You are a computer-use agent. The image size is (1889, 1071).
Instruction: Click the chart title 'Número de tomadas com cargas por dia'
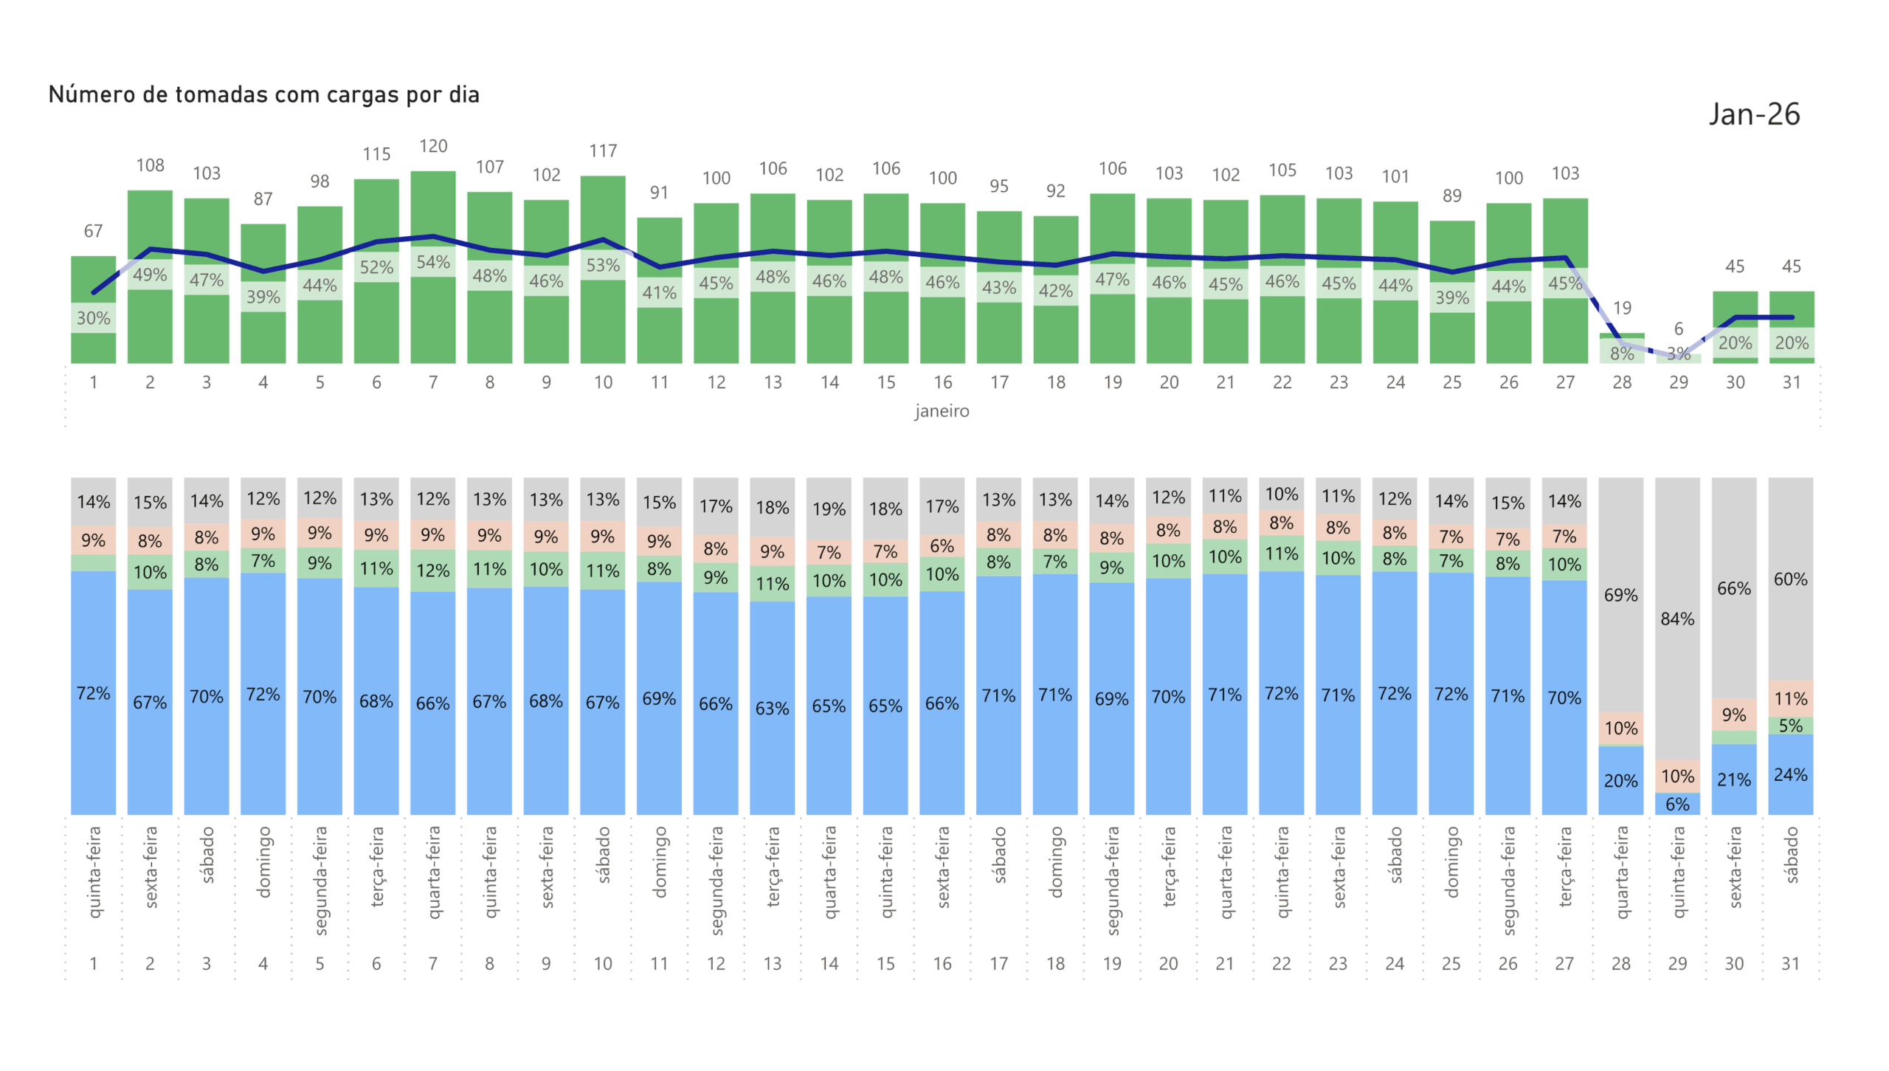pyautogui.click(x=263, y=94)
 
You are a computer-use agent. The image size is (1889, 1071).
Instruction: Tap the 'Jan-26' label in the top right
pyautogui.click(x=1753, y=114)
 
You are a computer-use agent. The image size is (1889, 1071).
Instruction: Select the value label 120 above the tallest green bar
pyautogui.click(x=433, y=146)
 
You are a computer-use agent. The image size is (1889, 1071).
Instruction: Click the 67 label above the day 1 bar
pyautogui.click(x=93, y=231)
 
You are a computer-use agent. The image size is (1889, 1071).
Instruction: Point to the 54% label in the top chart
pyautogui.click(x=433, y=262)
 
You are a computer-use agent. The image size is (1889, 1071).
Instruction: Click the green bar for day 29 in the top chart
pyautogui.click(x=1677, y=359)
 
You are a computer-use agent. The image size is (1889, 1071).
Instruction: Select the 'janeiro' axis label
pyautogui.click(x=942, y=411)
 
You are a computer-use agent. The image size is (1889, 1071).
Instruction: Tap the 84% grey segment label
pyautogui.click(x=1676, y=619)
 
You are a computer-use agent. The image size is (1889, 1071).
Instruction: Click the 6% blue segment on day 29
pyautogui.click(x=1676, y=804)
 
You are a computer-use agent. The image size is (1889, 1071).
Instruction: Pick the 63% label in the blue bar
pyautogui.click(x=772, y=708)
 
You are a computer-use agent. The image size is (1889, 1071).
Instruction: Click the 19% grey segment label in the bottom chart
pyautogui.click(x=829, y=509)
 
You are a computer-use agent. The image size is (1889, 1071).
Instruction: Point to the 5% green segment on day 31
pyautogui.click(x=1790, y=726)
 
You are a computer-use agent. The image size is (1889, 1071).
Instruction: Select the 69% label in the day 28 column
pyautogui.click(x=1620, y=595)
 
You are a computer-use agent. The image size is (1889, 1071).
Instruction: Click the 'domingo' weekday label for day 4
pyautogui.click(x=263, y=861)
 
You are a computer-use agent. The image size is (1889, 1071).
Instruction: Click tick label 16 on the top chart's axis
pyautogui.click(x=942, y=382)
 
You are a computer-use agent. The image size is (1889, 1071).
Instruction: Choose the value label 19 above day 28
pyautogui.click(x=1621, y=308)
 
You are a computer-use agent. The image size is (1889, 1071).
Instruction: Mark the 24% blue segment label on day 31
pyautogui.click(x=1790, y=774)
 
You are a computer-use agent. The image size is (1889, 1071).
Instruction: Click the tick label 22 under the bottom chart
pyautogui.click(x=1281, y=963)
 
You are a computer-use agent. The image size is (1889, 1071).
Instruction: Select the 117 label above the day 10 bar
pyautogui.click(x=603, y=151)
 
